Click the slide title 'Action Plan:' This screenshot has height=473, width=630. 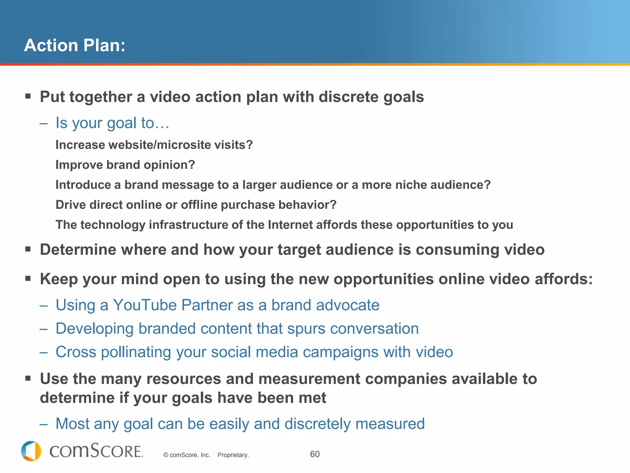click(75, 45)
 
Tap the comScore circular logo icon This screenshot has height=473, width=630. click(31, 451)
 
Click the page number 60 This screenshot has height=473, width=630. click(315, 454)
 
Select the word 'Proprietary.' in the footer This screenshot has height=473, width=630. click(233, 455)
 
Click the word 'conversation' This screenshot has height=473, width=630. click(374, 328)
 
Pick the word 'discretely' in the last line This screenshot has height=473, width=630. click(317, 424)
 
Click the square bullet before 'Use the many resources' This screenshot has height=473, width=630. click(28, 378)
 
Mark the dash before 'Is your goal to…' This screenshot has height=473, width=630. click(44, 124)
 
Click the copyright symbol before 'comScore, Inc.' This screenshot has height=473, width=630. click(166, 455)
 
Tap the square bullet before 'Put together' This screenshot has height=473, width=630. click(28, 96)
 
